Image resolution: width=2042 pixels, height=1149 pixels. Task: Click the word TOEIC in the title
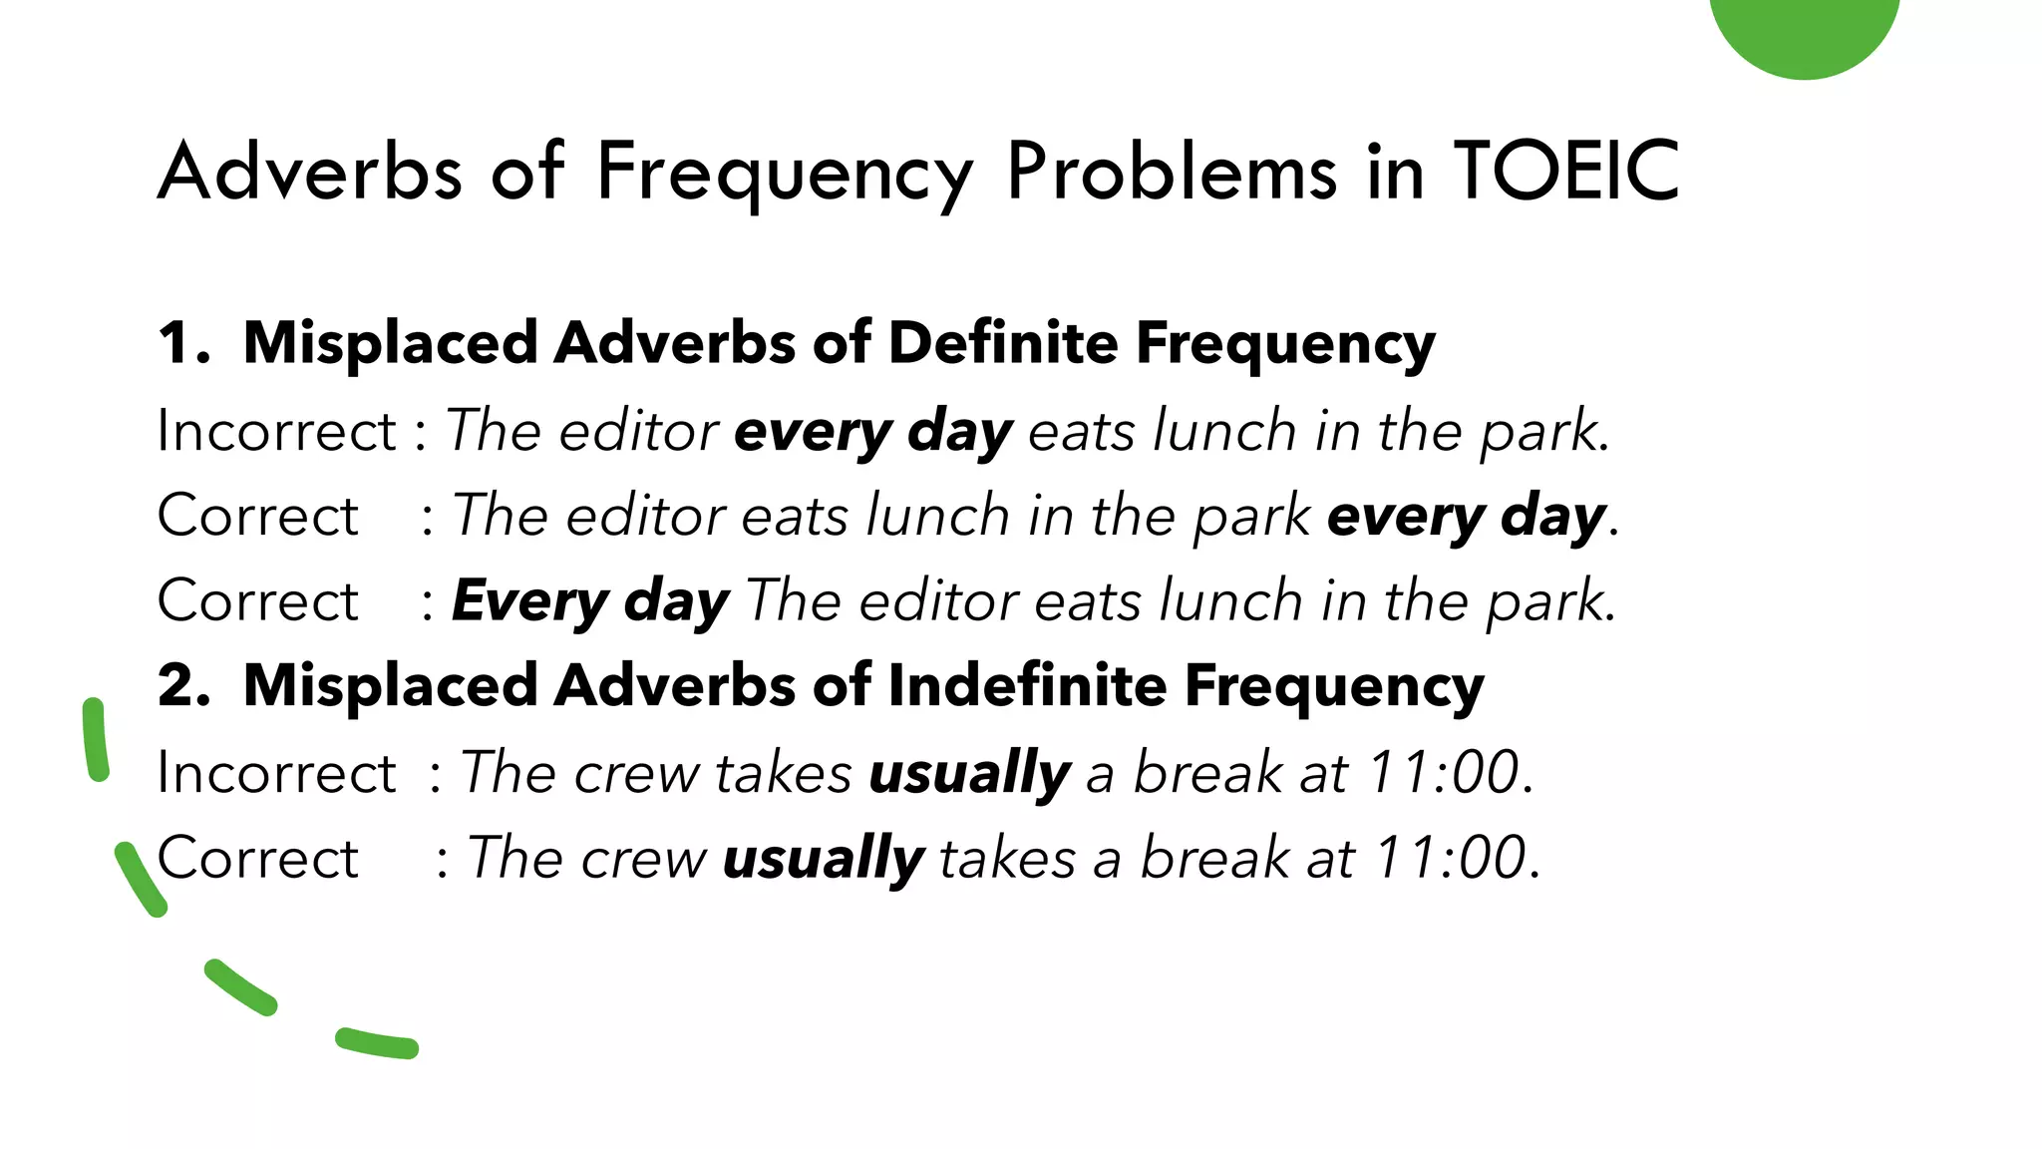pos(1566,172)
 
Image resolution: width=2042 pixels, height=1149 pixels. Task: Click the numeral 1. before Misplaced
pos(183,343)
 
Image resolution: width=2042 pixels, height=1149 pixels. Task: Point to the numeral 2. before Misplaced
pos(183,686)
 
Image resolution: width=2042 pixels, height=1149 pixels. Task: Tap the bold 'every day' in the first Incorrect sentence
pos(873,433)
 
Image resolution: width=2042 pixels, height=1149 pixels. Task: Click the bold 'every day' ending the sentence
pos(1466,518)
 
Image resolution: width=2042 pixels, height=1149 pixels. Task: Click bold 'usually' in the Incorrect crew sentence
pos(969,774)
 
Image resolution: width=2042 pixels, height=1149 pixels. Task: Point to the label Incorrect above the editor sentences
pos(277,431)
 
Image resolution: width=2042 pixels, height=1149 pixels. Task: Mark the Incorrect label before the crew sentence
pos(277,773)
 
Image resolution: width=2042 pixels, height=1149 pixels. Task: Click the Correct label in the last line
pos(258,859)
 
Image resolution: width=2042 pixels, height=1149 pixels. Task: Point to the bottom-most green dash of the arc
pos(377,1044)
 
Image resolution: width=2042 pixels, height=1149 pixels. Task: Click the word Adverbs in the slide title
pos(310,172)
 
